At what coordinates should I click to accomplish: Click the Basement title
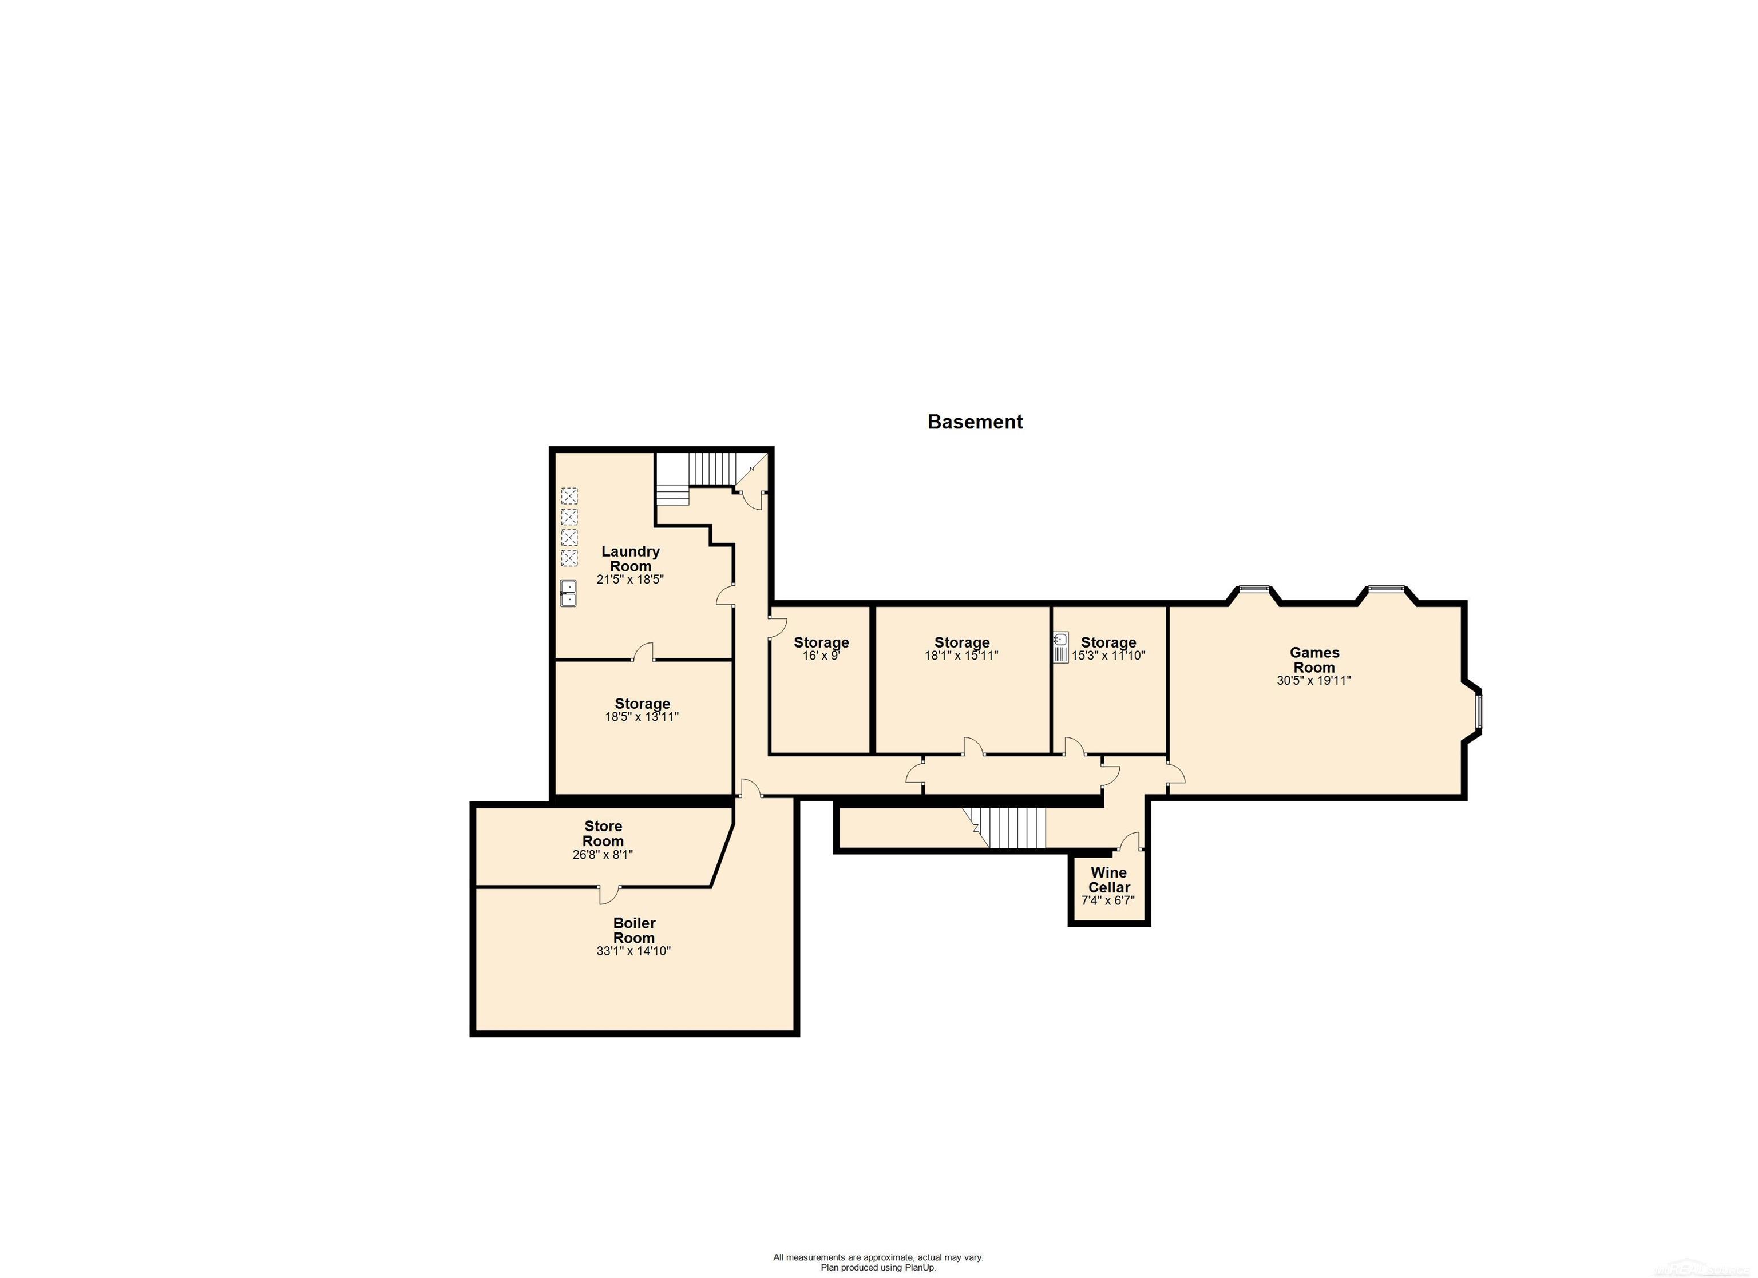[975, 422]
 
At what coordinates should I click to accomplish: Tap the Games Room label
[1314, 660]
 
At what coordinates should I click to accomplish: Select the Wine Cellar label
[1108, 880]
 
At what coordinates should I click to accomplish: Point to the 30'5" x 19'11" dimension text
[1314, 680]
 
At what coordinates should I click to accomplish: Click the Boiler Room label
[633, 930]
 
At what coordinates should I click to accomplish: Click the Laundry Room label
[630, 558]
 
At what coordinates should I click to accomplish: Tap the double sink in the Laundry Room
[568, 593]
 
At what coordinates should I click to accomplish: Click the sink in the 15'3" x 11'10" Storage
[1060, 647]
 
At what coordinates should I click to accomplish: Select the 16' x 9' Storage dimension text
[821, 656]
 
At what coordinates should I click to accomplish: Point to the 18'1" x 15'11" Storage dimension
[961, 656]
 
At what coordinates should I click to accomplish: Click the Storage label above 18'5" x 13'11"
[642, 704]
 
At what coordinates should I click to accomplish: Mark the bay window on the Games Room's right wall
[1478, 712]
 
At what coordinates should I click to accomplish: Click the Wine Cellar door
[1130, 842]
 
